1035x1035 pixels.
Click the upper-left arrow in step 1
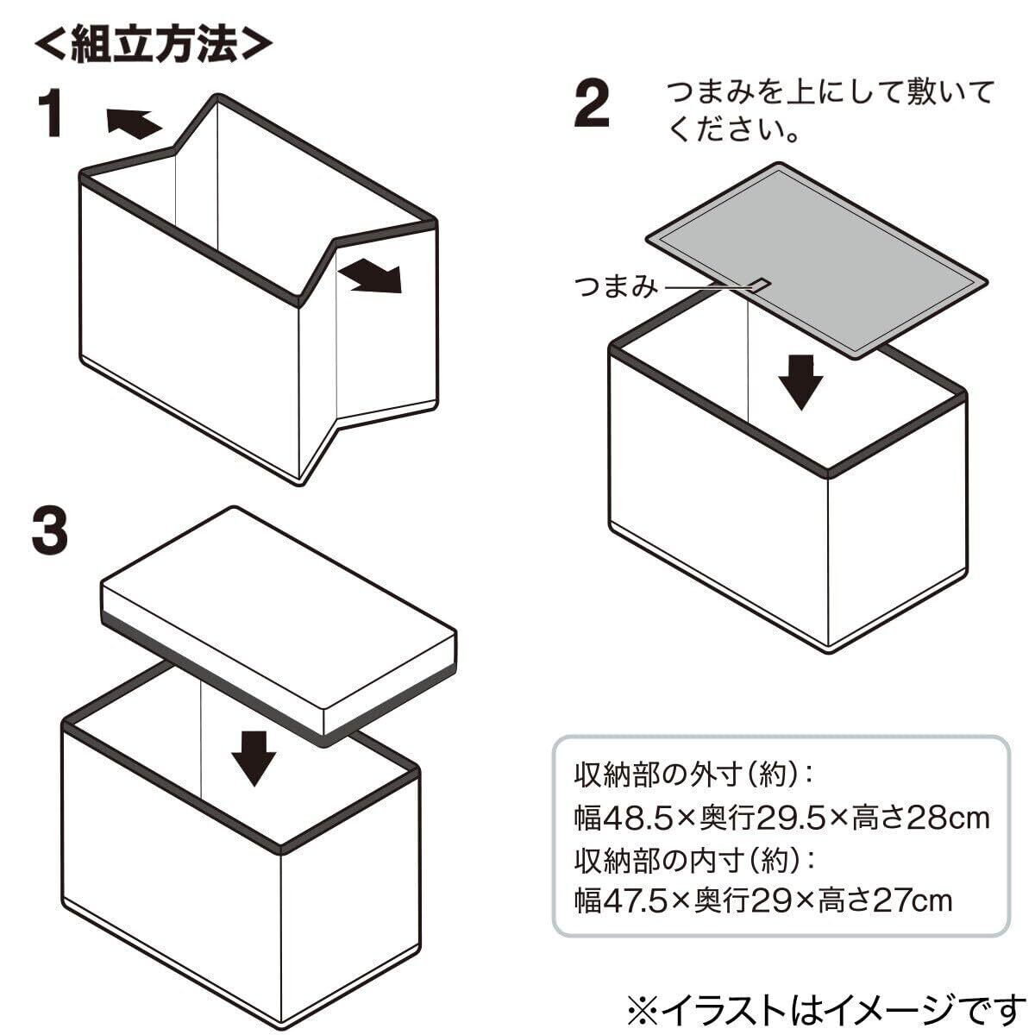click(134, 123)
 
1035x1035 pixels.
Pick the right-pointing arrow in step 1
click(371, 278)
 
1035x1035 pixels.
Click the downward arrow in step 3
click(254, 756)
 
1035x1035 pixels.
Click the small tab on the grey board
click(758, 283)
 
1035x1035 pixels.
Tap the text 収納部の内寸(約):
click(694, 859)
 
